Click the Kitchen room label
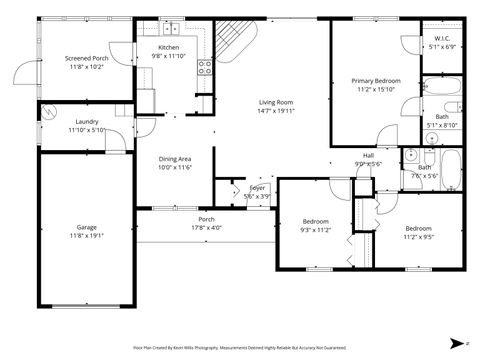pos(169,47)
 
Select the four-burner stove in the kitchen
pos(204,68)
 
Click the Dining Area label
pos(177,159)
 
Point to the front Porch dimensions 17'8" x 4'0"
pos(206,227)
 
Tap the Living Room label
pos(276,103)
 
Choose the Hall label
pos(368,155)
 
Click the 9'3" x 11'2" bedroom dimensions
pos(315,229)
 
